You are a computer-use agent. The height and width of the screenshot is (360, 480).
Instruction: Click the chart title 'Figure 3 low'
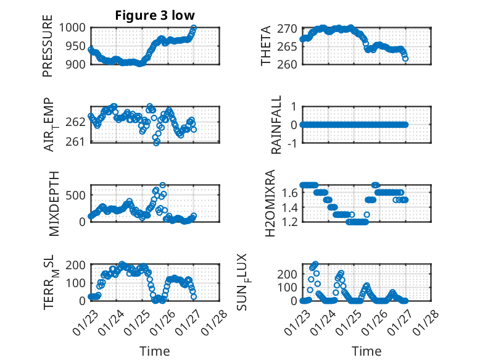click(x=155, y=16)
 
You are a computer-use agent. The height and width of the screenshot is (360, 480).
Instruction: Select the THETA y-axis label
click(x=266, y=46)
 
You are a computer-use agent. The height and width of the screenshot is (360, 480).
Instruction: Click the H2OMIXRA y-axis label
click(x=270, y=203)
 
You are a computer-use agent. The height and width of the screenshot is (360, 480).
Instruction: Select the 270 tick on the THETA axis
click(x=288, y=28)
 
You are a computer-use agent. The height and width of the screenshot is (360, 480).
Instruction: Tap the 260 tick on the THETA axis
click(x=288, y=64)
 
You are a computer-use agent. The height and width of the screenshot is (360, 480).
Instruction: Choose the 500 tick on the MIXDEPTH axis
click(x=77, y=195)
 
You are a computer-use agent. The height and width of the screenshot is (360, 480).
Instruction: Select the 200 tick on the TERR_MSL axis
click(x=77, y=265)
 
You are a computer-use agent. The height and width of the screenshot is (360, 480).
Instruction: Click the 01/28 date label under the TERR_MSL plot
click(x=215, y=320)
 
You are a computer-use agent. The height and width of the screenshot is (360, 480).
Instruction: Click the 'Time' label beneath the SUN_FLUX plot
click(x=366, y=351)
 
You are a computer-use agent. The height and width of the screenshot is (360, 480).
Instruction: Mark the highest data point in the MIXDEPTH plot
click(x=163, y=185)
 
